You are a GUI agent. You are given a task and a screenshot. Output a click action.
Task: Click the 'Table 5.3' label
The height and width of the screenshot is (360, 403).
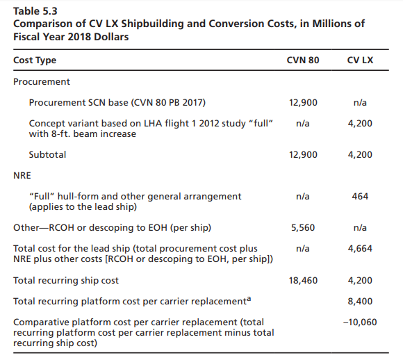click(x=35, y=11)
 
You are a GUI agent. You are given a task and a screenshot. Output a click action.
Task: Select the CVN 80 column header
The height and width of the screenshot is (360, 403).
click(x=303, y=60)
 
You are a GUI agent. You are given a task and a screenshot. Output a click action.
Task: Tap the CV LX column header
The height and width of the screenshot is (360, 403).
click(x=360, y=60)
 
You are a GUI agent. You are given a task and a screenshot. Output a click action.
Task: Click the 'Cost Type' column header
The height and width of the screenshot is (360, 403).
click(x=35, y=60)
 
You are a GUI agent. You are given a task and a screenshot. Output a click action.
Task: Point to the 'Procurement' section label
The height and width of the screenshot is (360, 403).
click(x=42, y=82)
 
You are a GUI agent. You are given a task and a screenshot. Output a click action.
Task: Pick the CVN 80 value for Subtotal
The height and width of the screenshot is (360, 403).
click(x=303, y=154)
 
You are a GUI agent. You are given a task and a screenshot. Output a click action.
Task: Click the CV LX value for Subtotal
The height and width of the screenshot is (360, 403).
click(x=360, y=154)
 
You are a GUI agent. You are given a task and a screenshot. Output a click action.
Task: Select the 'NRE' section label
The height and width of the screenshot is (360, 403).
click(x=22, y=176)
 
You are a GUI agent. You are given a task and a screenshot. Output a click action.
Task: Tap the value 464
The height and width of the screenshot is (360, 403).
click(x=360, y=197)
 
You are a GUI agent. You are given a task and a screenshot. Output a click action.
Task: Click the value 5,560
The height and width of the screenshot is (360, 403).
click(x=303, y=228)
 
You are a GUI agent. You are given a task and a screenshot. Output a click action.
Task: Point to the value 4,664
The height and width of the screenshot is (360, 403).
click(x=360, y=249)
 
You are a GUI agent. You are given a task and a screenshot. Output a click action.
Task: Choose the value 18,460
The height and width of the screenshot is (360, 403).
click(x=303, y=280)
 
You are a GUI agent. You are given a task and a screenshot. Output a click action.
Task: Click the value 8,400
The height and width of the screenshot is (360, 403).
click(x=360, y=301)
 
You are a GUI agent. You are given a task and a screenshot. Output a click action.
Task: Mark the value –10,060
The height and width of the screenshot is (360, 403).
click(x=360, y=322)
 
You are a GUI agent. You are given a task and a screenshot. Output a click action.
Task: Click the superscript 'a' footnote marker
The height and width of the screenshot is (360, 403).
click(x=249, y=299)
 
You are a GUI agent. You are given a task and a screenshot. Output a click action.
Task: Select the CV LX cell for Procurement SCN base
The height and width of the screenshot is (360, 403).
click(x=360, y=103)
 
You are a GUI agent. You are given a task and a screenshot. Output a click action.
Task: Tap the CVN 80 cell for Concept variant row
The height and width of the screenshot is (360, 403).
click(x=303, y=124)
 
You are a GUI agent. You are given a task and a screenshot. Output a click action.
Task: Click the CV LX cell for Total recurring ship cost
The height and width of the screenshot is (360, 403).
click(x=360, y=280)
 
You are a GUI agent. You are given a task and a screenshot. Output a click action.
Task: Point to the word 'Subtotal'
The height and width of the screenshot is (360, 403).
click(x=47, y=154)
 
